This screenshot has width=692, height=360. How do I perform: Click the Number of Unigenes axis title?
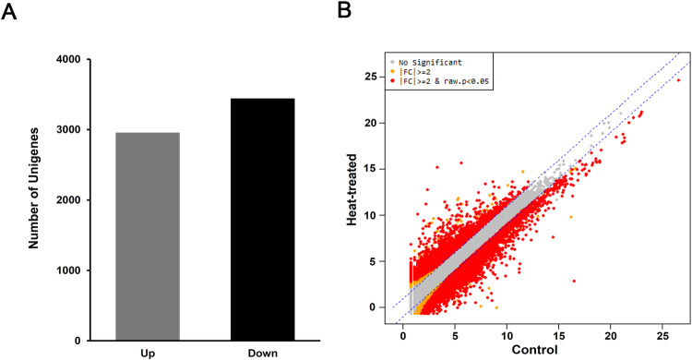click(34, 200)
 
